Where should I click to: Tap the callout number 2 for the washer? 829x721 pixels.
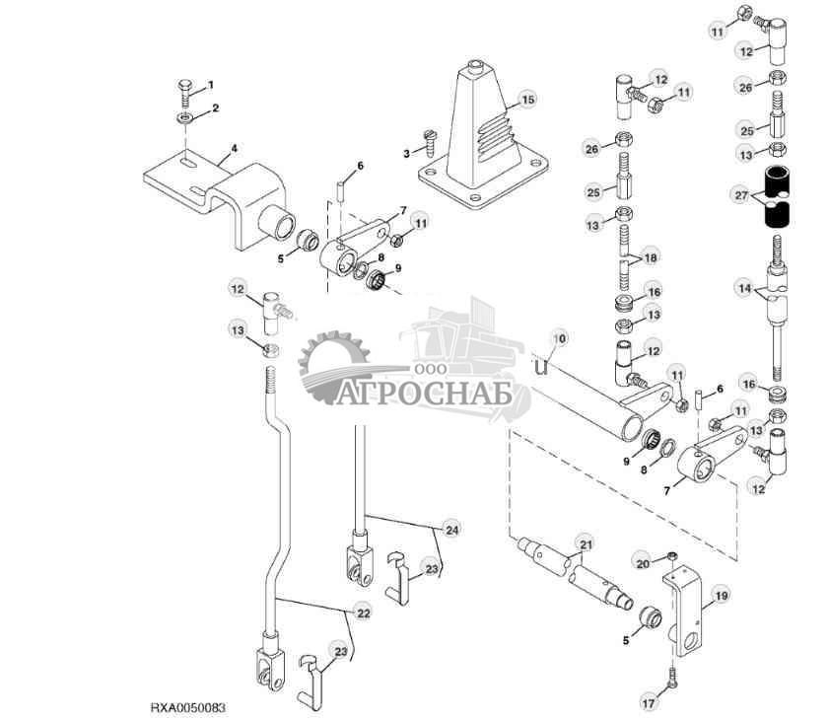215,108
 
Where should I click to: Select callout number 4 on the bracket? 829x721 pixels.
235,151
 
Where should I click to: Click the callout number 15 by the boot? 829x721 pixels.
528,100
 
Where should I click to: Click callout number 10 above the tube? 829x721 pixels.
559,338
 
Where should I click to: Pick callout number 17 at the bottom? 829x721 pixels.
648,703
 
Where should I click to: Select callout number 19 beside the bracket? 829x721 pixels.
721,595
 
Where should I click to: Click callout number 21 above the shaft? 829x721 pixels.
586,544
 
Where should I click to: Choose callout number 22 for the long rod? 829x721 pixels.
364,613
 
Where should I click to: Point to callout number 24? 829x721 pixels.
451,530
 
